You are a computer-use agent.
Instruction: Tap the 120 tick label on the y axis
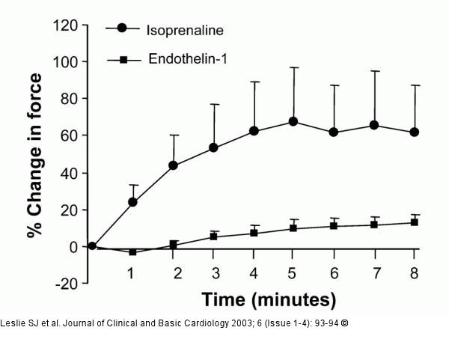point(66,25)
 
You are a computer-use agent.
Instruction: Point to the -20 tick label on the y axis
point(66,283)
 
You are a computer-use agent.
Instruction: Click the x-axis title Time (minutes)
point(268,300)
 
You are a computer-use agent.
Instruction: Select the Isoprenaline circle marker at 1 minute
point(132,202)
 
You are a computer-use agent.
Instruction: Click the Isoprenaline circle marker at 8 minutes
point(415,132)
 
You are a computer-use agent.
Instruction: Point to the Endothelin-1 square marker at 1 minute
point(132,252)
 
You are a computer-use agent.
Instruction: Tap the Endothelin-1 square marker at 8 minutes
point(415,222)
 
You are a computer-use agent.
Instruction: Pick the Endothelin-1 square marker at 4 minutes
point(254,233)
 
